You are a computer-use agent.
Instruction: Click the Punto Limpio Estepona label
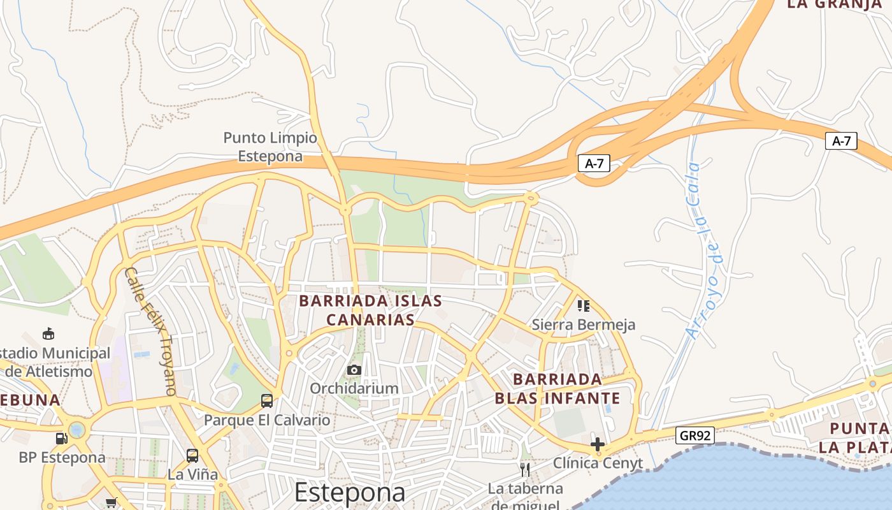(270, 147)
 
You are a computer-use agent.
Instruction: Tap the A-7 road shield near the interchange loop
(594, 164)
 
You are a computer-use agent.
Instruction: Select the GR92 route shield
(695, 435)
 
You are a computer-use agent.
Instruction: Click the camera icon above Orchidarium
(354, 370)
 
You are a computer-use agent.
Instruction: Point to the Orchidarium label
(354, 388)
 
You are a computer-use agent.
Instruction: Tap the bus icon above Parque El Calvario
(267, 401)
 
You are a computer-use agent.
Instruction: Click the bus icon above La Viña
(192, 456)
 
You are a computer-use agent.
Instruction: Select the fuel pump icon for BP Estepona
(61, 438)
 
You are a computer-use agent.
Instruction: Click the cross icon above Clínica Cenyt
(598, 444)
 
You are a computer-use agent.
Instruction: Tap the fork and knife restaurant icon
(525, 470)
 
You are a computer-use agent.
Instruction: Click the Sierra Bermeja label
(584, 324)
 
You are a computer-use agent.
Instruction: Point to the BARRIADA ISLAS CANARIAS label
(370, 310)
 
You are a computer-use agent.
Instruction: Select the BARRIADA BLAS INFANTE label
(557, 389)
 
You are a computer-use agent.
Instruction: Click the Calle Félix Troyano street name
(150, 331)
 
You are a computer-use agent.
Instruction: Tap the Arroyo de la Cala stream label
(702, 250)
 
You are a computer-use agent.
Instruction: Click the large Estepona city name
(350, 492)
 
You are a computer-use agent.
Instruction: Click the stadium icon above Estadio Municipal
(48, 333)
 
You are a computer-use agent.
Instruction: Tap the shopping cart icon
(111, 502)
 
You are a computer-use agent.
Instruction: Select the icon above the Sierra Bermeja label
(584, 306)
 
